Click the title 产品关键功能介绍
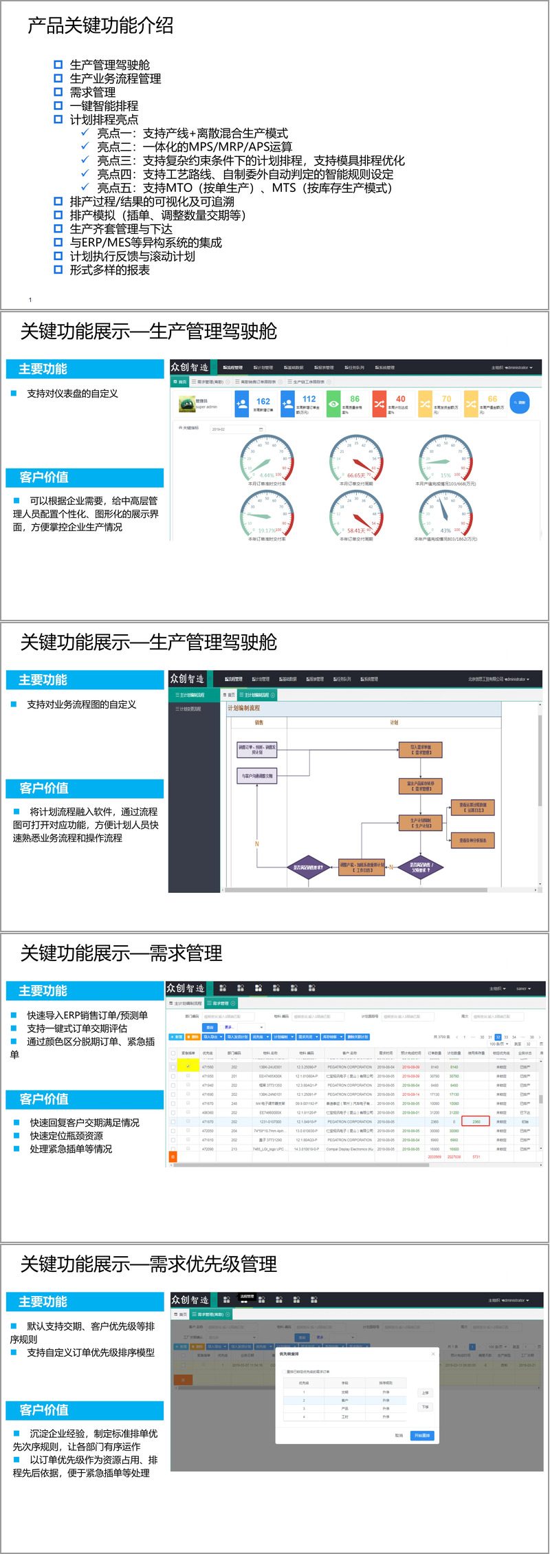(100, 26)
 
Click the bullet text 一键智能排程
(104, 106)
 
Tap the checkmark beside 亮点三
(85, 160)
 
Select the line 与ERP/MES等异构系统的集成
(146, 243)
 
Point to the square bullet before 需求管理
(58, 92)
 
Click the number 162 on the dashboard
(263, 401)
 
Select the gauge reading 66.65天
(355, 475)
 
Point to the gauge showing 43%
(445, 512)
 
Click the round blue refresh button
(520, 402)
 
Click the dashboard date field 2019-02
(237, 429)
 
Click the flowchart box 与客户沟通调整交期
(256, 776)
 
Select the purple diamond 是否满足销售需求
(308, 867)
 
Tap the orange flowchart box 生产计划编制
(421, 823)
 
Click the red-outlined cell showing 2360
(476, 1121)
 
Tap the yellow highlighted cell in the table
(188, 1066)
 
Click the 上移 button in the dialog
(425, 1392)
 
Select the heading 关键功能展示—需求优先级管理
(148, 1264)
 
